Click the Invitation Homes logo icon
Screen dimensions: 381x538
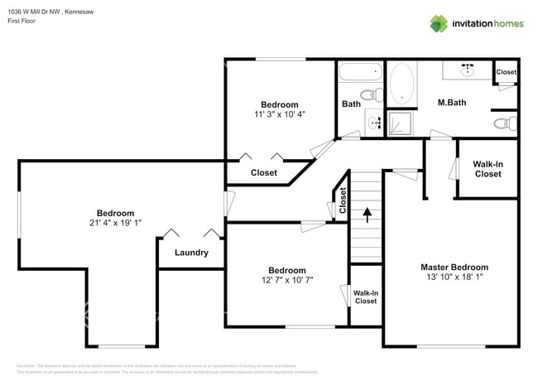click(439, 23)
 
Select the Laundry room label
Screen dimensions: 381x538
click(191, 253)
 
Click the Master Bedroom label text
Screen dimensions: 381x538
click(454, 268)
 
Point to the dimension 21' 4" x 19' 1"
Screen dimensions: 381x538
click(115, 223)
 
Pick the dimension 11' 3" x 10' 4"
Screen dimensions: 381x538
click(279, 114)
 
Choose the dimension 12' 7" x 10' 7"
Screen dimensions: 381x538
click(286, 281)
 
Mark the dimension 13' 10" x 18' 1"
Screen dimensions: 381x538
click(454, 277)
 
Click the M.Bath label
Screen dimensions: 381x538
click(453, 103)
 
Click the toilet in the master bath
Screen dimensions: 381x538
click(503, 124)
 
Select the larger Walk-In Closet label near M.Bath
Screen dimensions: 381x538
click(488, 169)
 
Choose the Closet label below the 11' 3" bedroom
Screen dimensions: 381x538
click(263, 172)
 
